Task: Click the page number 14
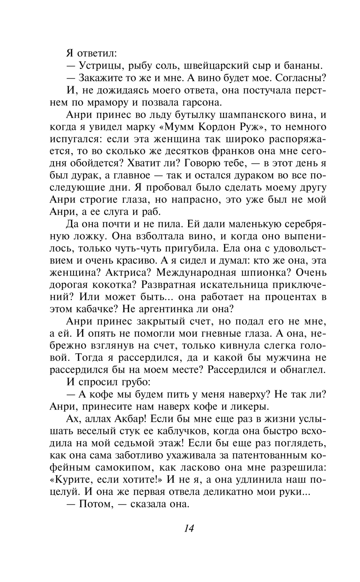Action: click(x=189, y=528)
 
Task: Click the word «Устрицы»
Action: click(x=99, y=66)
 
